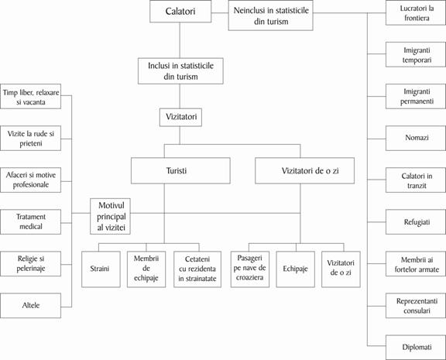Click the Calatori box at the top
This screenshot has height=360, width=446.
coord(180,12)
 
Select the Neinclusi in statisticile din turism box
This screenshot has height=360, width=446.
coord(270,15)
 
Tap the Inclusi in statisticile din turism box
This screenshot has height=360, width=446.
coord(180,71)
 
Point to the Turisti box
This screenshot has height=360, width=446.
coord(180,170)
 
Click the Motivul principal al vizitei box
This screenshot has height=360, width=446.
coord(111,217)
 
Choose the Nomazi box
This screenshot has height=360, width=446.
coord(416,139)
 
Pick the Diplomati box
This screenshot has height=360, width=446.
coord(416,347)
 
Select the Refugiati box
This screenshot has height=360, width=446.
coord(416,221)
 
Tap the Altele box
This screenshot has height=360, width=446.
coord(30,305)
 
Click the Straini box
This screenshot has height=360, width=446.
coord(101,269)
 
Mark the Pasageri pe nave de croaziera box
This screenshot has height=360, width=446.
coord(250,269)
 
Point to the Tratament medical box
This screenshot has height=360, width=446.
coord(30,221)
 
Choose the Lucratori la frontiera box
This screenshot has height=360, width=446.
coord(416,13)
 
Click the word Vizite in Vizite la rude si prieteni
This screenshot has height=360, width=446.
coord(16,134)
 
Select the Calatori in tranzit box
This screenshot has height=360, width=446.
coord(416,180)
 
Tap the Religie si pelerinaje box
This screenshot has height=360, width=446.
coord(30,263)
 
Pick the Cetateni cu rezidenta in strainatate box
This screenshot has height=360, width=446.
coord(197,269)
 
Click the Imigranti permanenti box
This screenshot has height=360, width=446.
coord(416,96)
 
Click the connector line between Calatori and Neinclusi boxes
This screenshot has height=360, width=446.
coord(220,13)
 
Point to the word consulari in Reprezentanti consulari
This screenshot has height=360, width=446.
coord(417,310)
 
